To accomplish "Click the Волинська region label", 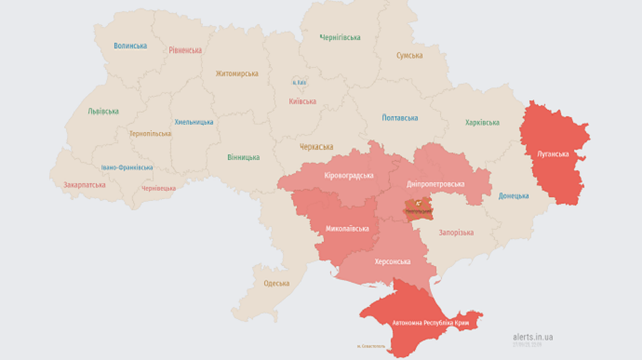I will pos(130,46).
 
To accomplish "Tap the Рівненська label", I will pos(185,50).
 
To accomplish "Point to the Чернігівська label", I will pos(341,38).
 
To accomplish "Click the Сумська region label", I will pos(409,56).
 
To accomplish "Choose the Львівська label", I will pos(103,112).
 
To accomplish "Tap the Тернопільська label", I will pos(150,134).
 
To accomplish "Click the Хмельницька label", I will pos(194,122).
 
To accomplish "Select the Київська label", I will pos(302,101).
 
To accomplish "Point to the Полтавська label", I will pos(400,118).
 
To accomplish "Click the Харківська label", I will pos(482,123).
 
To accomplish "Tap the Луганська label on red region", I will pos(552,153).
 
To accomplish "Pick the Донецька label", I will pos(513,196).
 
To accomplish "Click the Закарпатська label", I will pos(85,185).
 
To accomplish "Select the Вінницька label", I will pos(243,157).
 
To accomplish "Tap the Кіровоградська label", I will pos(348,175).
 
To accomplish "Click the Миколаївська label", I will pos(346,228).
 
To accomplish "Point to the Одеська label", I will pos(276,284).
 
